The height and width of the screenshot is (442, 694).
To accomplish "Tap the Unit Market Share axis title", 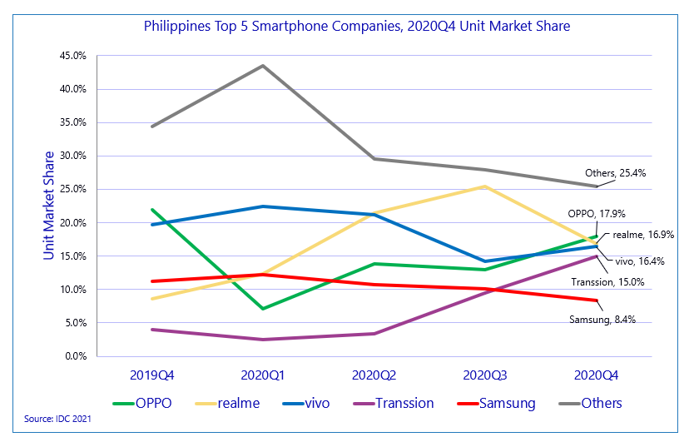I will point(49,206).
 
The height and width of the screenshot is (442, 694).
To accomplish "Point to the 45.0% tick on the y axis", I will point(73,56).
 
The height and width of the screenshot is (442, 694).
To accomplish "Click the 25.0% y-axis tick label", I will point(73,189).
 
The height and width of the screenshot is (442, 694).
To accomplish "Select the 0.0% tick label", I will point(76,356).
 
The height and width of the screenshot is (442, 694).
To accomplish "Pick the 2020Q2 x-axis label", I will point(374,375).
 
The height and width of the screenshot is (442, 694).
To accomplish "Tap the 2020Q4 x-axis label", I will point(597,375).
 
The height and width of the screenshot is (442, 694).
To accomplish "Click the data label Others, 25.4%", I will point(616,173).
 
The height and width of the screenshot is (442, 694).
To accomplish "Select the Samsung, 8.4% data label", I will point(602,319).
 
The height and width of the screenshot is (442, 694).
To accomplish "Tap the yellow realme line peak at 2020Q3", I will point(485,186).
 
